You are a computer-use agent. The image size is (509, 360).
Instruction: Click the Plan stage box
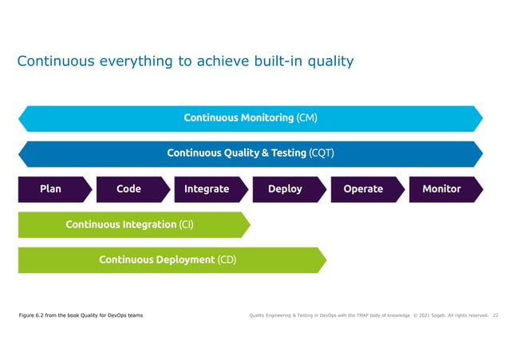click(x=50, y=189)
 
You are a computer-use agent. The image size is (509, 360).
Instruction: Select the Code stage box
click(x=128, y=189)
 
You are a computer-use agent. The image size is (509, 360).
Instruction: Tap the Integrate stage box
click(x=207, y=189)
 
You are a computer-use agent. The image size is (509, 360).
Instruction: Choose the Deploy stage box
click(x=285, y=189)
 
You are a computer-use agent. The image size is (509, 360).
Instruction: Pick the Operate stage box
click(x=363, y=189)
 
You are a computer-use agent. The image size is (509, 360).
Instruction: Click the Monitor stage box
click(x=441, y=189)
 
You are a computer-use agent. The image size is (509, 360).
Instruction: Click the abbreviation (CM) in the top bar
click(x=307, y=118)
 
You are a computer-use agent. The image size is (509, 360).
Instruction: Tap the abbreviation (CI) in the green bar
click(x=187, y=225)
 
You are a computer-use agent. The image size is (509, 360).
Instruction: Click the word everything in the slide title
click(x=123, y=61)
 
